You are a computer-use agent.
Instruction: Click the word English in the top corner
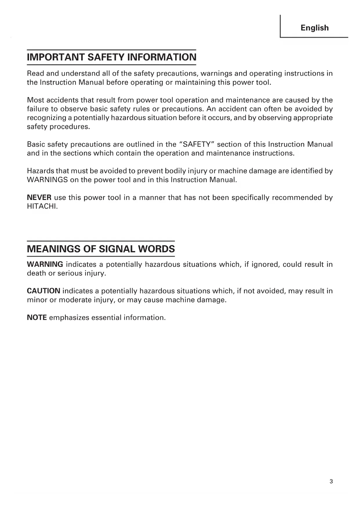pyautogui.click(x=314, y=28)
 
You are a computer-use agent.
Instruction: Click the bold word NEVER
pyautogui.click(x=39, y=198)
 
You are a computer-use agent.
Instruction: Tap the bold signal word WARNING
pyautogui.click(x=45, y=264)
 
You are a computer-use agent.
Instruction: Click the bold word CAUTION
pyautogui.click(x=44, y=291)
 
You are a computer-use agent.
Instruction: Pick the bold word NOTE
pyautogui.click(x=37, y=317)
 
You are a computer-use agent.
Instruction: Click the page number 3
pyautogui.click(x=331, y=482)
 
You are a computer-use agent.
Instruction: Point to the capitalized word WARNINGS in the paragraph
pyautogui.click(x=47, y=180)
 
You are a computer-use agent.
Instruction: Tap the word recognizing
pyautogui.click(x=46, y=118)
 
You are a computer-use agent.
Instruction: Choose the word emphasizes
pyautogui.click(x=69, y=317)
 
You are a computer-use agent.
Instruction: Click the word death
pyautogui.click(x=37, y=273)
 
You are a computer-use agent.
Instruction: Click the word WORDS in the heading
pyautogui.click(x=157, y=249)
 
